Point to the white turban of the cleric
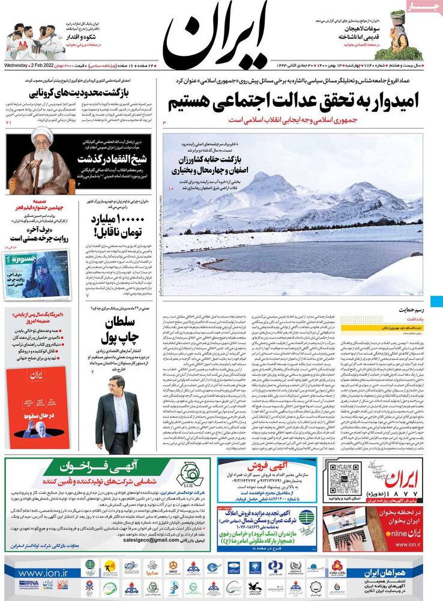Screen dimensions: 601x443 [41, 135]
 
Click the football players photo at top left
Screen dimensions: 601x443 [32, 42]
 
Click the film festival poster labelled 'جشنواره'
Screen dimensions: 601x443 [37, 273]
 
